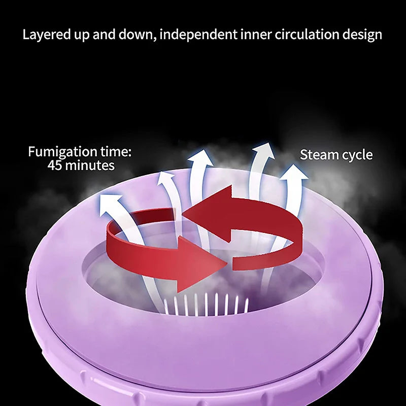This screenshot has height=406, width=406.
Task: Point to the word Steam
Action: (x=318, y=155)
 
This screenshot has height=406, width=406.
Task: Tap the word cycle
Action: (x=356, y=155)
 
